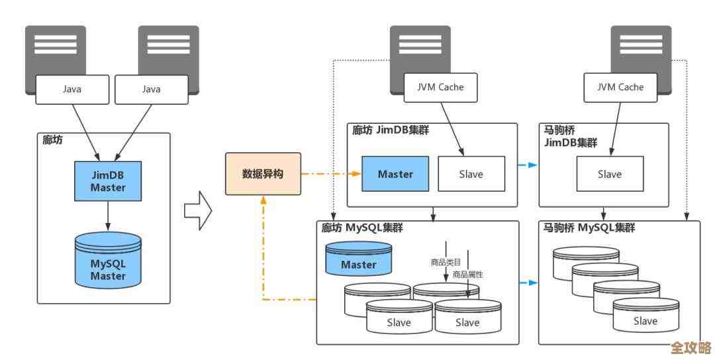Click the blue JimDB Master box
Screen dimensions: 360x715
click(108, 181)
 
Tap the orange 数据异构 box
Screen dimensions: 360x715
click(263, 174)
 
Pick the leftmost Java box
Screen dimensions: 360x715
click(71, 89)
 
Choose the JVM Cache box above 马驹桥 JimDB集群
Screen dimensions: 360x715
click(621, 87)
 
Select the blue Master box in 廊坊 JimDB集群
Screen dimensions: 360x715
click(395, 174)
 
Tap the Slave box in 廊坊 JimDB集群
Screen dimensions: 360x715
click(471, 174)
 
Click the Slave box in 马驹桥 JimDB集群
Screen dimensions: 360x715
click(609, 174)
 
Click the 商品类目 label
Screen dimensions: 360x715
click(446, 262)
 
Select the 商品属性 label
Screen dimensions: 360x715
click(467, 274)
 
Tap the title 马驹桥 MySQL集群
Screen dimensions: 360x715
click(589, 228)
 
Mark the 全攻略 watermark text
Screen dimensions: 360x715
click(690, 348)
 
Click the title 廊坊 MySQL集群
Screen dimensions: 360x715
click(362, 228)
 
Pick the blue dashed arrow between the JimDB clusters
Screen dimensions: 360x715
click(528, 165)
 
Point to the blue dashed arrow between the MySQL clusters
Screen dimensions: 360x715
click(528, 283)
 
